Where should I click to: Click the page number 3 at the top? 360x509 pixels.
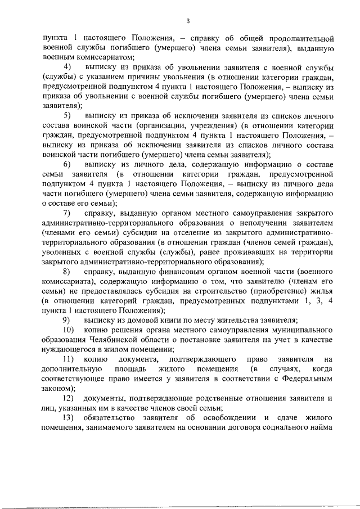[x=188, y=21]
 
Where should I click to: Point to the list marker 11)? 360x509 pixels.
[x=68, y=358]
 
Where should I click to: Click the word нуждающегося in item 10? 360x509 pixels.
[x=68, y=349]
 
